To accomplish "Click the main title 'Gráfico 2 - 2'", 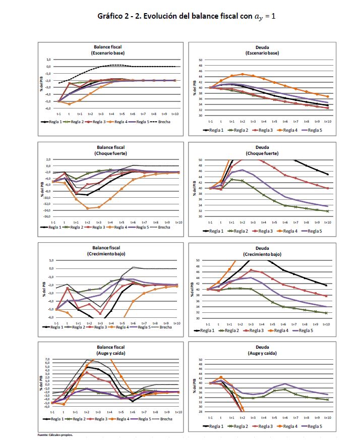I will (187, 16).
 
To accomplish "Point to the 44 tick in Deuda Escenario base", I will (200, 77).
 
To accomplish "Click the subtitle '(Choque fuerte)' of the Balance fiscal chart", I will (112, 153).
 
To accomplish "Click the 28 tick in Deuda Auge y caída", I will (200, 412).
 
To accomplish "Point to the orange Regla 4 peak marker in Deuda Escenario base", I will (243, 74).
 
